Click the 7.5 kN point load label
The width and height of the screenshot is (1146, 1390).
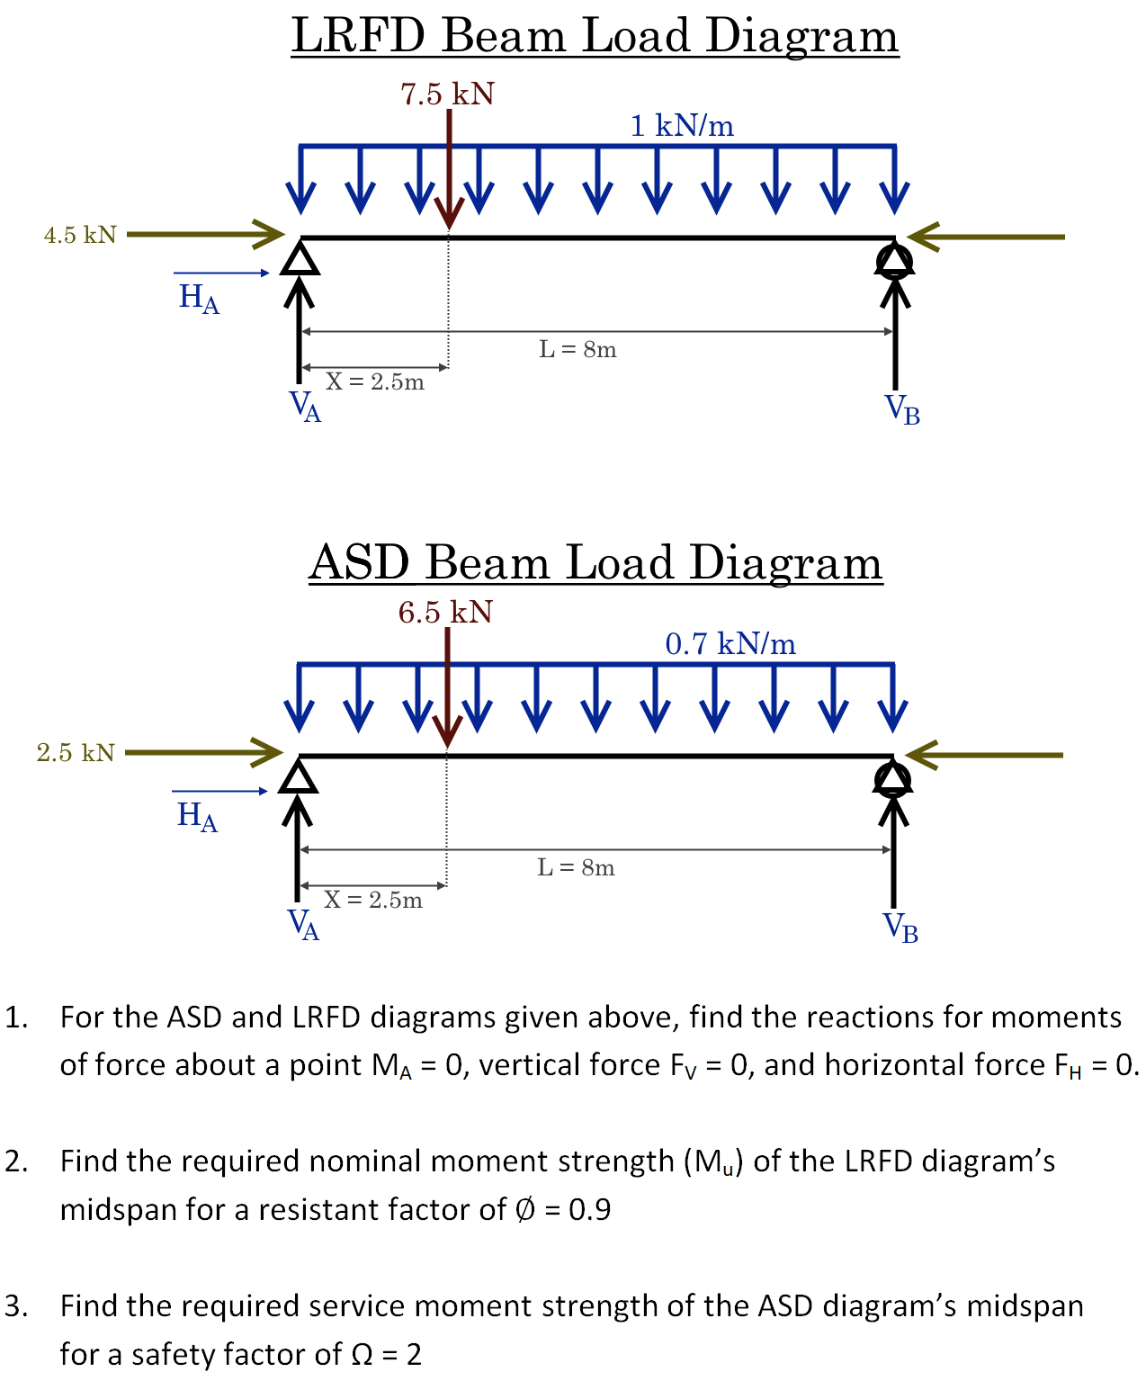pyautogui.click(x=447, y=94)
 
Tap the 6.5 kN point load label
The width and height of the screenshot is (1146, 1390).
pyautogui.click(x=445, y=613)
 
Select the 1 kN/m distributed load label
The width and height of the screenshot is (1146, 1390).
pyautogui.click(x=682, y=126)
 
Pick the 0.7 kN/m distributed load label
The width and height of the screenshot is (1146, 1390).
pyautogui.click(x=730, y=644)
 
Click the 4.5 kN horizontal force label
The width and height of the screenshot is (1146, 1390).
pyautogui.click(x=80, y=235)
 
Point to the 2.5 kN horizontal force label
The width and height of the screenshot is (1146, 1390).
pyautogui.click(x=76, y=753)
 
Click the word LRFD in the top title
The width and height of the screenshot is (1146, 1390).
pyautogui.click(x=358, y=36)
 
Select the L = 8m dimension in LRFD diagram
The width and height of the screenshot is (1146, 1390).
pyautogui.click(x=577, y=349)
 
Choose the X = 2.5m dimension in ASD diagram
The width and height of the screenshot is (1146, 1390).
pyautogui.click(x=372, y=900)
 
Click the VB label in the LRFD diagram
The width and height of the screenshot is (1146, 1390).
pyautogui.click(x=902, y=409)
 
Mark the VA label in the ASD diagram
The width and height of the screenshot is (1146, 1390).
pyautogui.click(x=303, y=924)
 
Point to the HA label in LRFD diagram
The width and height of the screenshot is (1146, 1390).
pyautogui.click(x=199, y=298)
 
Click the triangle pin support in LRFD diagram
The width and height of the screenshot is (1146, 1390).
pyautogui.click(x=300, y=258)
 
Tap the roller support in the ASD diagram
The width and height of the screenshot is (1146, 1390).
pyautogui.click(x=892, y=778)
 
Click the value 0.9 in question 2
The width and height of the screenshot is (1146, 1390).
pyautogui.click(x=590, y=1210)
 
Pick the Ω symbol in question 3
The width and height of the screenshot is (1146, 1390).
pyautogui.click(x=362, y=1355)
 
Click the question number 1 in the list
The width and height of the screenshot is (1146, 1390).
pyautogui.click(x=15, y=1018)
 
